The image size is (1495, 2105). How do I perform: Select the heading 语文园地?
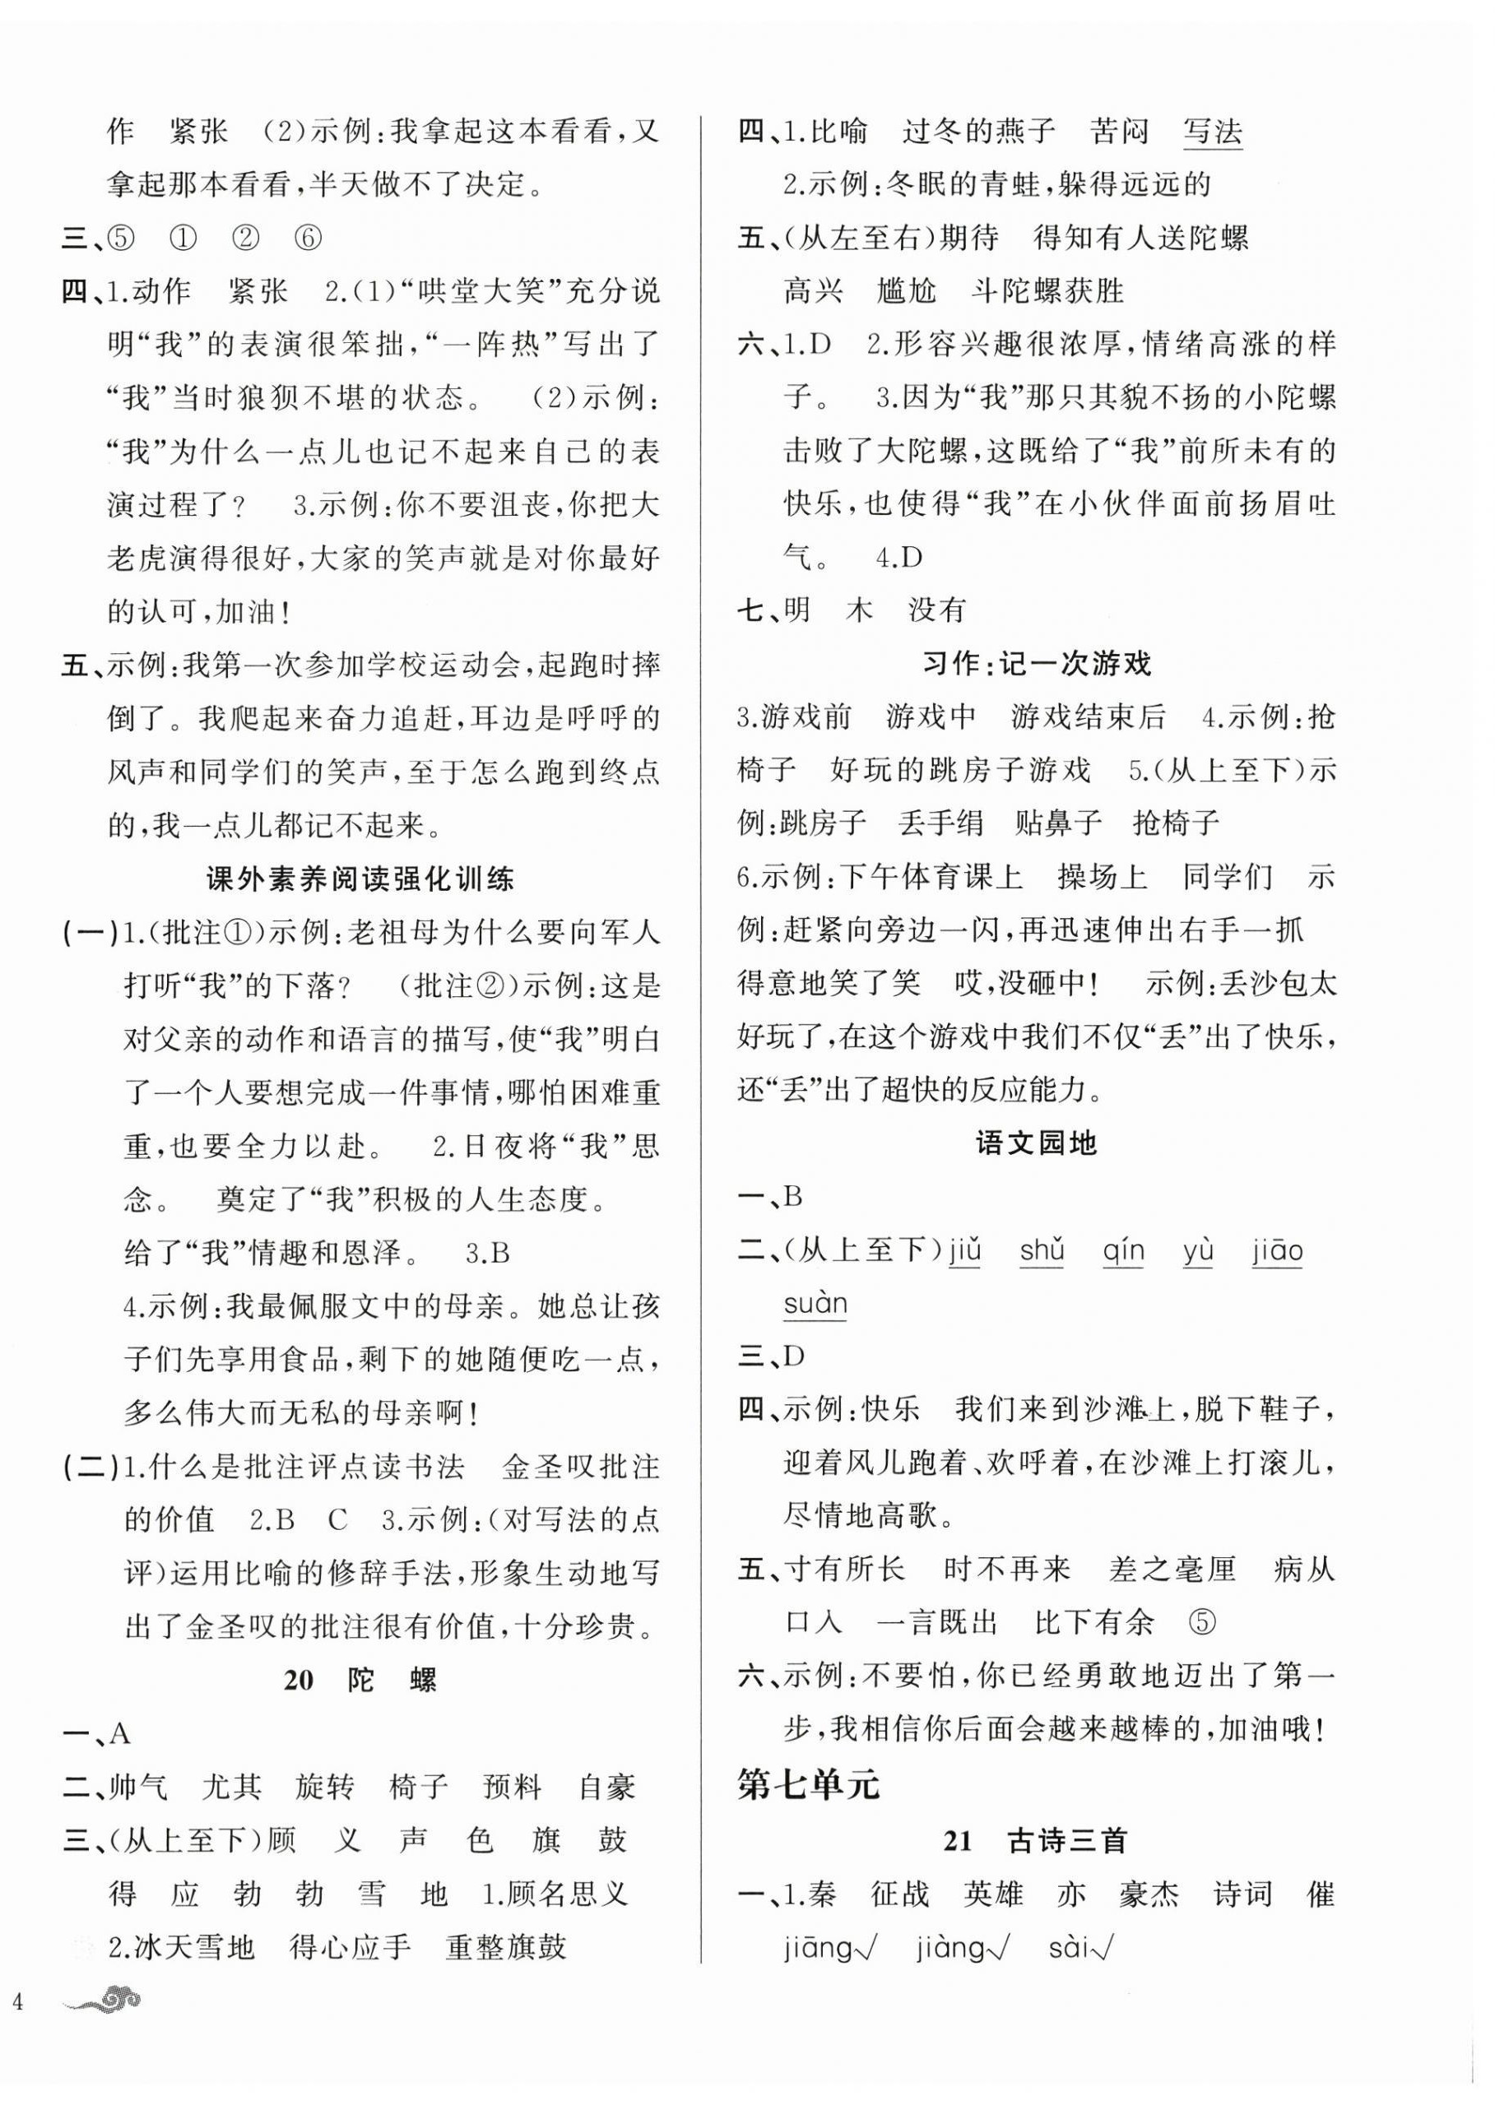[1037, 1143]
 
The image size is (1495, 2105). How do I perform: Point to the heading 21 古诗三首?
[1037, 1840]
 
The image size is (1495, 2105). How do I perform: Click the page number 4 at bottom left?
[16, 2000]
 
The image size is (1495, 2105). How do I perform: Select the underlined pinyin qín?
[1123, 1251]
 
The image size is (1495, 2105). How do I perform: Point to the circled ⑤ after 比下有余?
[1202, 1623]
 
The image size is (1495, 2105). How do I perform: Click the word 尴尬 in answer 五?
[907, 292]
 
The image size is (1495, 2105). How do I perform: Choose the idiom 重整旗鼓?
[505, 1947]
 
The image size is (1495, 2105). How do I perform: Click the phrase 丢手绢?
[940, 822]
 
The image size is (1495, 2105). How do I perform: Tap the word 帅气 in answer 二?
[138, 1787]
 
